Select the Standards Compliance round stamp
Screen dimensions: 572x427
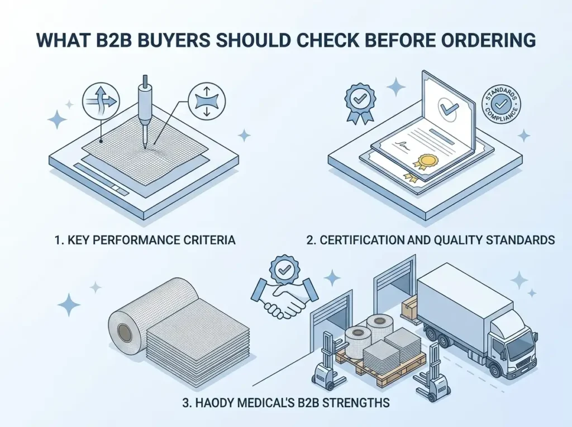click(x=501, y=104)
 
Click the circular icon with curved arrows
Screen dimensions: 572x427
click(x=101, y=100)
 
